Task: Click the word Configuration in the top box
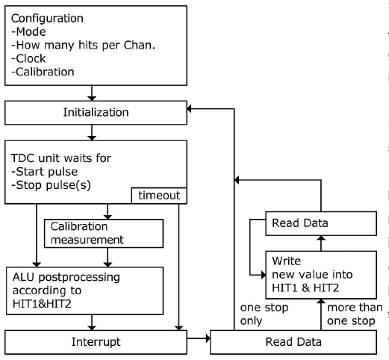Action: pyautogui.click(x=47, y=19)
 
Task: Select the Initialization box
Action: pyautogui.click(x=96, y=113)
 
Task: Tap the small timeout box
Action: pyautogui.click(x=159, y=196)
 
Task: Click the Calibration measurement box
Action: pyautogui.click(x=104, y=234)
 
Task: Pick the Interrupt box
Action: pyautogui.click(x=96, y=342)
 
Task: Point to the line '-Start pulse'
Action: pyautogui.click(x=45, y=172)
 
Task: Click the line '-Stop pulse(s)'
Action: pyautogui.click(x=51, y=185)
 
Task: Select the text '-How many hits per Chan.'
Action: pyautogui.click(x=83, y=46)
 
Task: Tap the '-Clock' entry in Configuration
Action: pyautogui.click(x=28, y=59)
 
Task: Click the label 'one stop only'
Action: pyautogui.click(x=264, y=314)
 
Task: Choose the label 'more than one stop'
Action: pyautogui.click(x=355, y=314)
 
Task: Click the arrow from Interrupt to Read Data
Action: pyautogui.click(x=199, y=338)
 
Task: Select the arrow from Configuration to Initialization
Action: pyautogui.click(x=92, y=93)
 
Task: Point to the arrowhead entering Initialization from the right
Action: pyautogui.click(x=189, y=109)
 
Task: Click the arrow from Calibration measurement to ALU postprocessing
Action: pyautogui.click(x=108, y=258)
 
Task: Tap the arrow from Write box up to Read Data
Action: pyautogui.click(x=321, y=243)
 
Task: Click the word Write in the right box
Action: pyautogui.click(x=286, y=261)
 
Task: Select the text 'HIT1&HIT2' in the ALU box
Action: pyautogui.click(x=42, y=304)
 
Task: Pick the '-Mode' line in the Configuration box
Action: pyautogui.click(x=28, y=32)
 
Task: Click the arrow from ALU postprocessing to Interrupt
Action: pyautogui.click(x=92, y=323)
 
